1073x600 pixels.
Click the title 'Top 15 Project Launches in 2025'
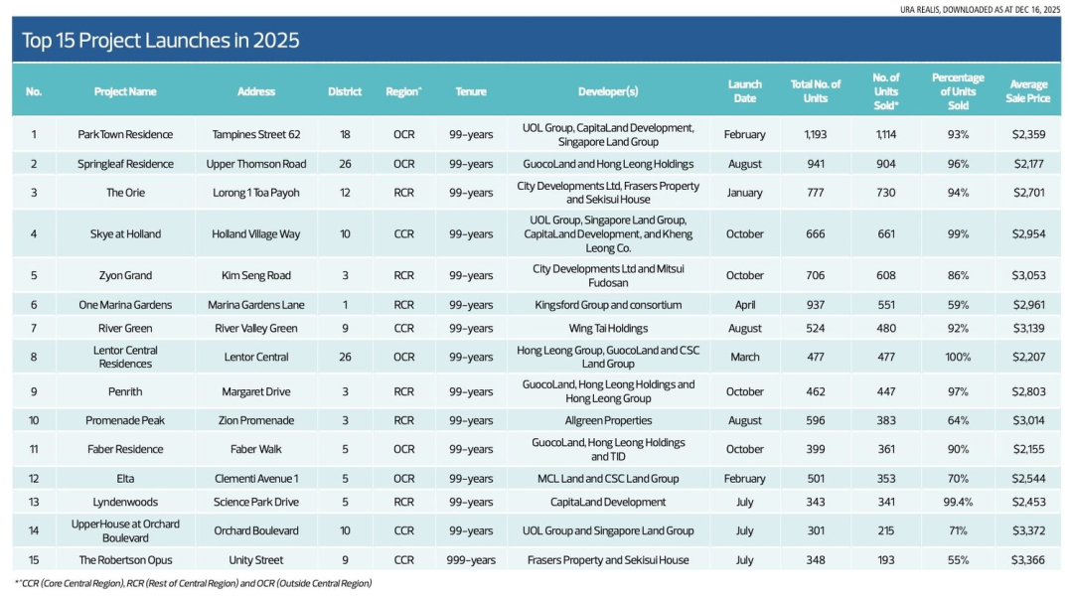[x=161, y=41]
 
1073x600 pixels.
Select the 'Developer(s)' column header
[x=607, y=91]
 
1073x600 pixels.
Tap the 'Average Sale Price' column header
[x=1028, y=91]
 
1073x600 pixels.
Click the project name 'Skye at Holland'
[x=125, y=234]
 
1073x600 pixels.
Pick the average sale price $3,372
[x=1028, y=531]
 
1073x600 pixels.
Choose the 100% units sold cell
[x=958, y=357]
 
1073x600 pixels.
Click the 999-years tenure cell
[x=471, y=560]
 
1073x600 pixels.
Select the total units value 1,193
[x=815, y=134]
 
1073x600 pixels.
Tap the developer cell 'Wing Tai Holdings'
[x=607, y=328]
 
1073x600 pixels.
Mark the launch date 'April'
[x=744, y=305]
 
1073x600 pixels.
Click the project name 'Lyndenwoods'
[x=125, y=503]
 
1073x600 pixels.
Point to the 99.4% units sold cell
[x=958, y=503]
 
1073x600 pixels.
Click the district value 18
[x=345, y=134]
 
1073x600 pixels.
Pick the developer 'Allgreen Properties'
[x=607, y=421]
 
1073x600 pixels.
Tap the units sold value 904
[x=885, y=164]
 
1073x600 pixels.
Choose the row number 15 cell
[x=34, y=560]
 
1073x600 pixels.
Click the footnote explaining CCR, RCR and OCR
[x=193, y=583]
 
